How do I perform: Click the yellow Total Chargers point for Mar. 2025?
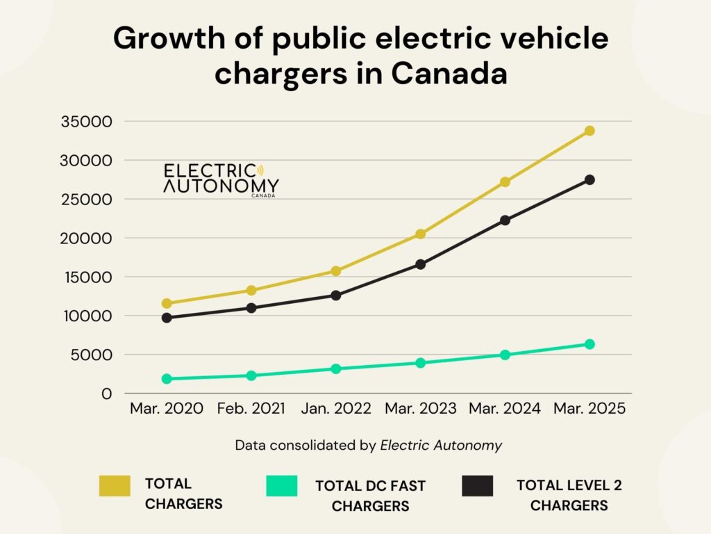589,131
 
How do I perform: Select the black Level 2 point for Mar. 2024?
505,220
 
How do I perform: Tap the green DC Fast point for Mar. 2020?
167,379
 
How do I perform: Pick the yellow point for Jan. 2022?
336,271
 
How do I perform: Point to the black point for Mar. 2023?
420,264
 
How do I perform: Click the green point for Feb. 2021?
251,375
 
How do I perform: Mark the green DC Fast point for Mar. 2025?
589,344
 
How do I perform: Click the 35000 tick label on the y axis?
87,122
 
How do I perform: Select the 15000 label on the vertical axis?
87,277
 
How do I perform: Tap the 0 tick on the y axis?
106,394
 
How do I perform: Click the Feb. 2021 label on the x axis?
251,409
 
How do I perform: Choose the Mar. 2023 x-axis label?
420,409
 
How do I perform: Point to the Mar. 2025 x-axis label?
589,409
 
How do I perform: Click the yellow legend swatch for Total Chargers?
115,485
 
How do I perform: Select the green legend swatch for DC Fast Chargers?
282,485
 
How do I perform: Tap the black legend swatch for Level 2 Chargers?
477,485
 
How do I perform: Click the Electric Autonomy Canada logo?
221,180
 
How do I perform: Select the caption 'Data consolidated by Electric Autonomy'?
368,446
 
